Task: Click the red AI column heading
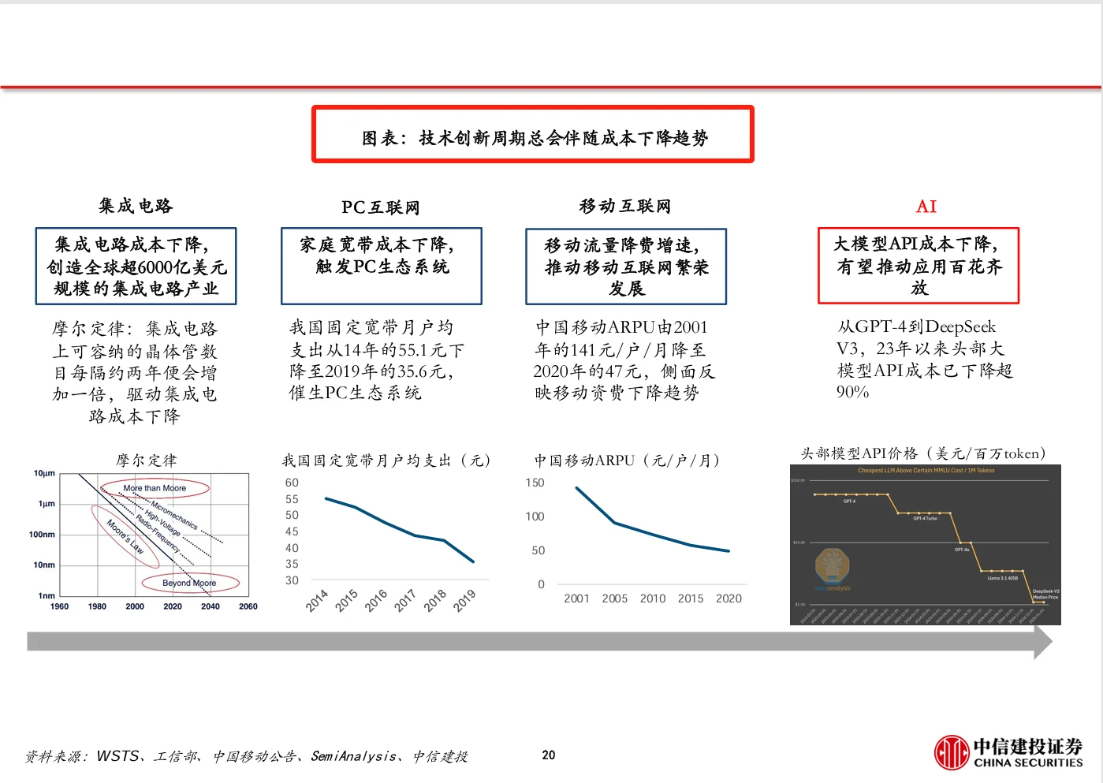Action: pos(926,207)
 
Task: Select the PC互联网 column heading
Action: pos(380,207)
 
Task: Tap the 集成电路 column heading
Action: pos(136,206)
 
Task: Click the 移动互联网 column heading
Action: pos(625,207)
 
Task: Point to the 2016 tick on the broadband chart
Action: pos(376,600)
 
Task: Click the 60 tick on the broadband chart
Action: pos(292,483)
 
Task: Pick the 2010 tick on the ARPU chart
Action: pos(653,598)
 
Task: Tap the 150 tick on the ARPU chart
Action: pos(535,483)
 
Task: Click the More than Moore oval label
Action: pos(155,488)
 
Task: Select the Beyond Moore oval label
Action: pos(189,583)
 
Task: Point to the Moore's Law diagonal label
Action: pos(125,537)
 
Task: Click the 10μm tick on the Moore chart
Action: pos(44,473)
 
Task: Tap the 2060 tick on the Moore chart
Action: pos(248,606)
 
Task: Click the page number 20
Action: pos(549,755)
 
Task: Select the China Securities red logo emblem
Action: pos(952,752)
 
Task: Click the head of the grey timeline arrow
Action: pos(1042,642)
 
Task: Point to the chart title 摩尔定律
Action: pos(147,460)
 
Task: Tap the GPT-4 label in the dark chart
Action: pos(849,501)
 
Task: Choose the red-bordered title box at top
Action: pos(533,135)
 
